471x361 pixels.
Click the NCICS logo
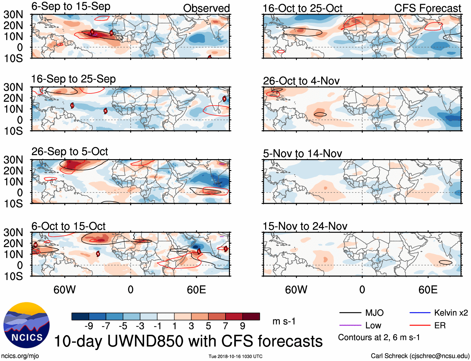pos(27,325)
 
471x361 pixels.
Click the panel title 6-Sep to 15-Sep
pos(71,7)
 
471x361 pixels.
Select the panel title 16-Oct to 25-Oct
pos(302,8)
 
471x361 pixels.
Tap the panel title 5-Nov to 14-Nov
pos(302,154)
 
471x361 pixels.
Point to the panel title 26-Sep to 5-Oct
pos(70,152)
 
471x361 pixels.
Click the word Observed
pos(206,8)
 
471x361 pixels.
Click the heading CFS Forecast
pos(427,8)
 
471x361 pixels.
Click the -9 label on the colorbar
pos(89,326)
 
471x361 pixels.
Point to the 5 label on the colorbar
pos(208,326)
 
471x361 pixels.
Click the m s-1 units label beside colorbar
pos(284,321)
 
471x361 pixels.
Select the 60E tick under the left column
pos(196,290)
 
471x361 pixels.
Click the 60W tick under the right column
pos(296,290)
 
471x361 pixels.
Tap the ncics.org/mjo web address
pos(20,356)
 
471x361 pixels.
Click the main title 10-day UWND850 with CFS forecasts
pos(188,341)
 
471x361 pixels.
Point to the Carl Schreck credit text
pos(420,356)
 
